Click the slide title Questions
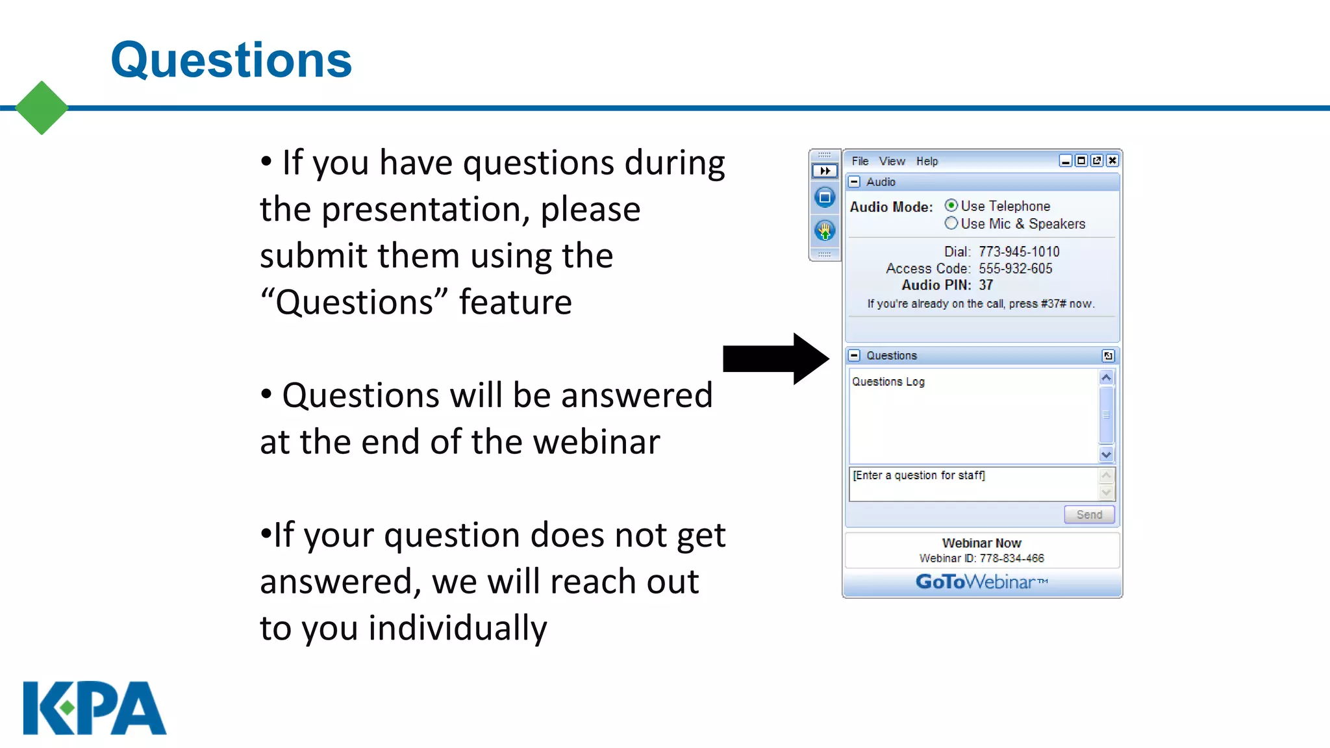click(x=231, y=60)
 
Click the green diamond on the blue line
click(x=42, y=108)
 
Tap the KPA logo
click(x=95, y=708)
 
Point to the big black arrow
click(x=776, y=358)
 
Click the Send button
click(x=1089, y=514)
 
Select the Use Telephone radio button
click(x=951, y=206)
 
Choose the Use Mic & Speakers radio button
click(x=951, y=223)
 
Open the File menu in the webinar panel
click(x=860, y=161)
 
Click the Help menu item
click(x=927, y=161)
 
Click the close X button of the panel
click(x=1112, y=160)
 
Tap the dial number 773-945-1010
click(x=1019, y=251)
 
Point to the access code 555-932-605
click(x=1015, y=268)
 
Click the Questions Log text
click(x=888, y=382)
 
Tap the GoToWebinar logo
click(x=981, y=581)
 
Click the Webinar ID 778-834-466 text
click(x=981, y=558)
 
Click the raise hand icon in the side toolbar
click(x=825, y=230)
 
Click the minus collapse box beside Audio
click(x=855, y=182)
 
